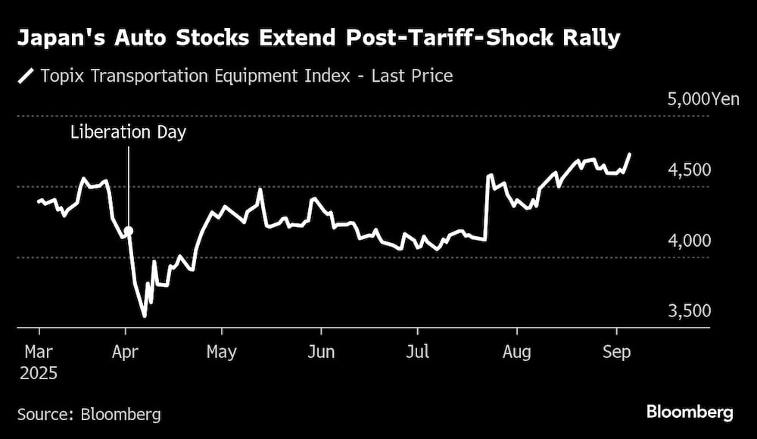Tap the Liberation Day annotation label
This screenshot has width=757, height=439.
tap(128, 132)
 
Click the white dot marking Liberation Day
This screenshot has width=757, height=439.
tap(129, 231)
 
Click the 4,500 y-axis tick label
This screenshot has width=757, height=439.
tap(690, 170)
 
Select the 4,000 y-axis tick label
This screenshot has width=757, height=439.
tap(690, 241)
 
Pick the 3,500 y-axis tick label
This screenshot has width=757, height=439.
tap(690, 311)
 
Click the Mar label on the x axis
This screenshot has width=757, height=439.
tap(39, 352)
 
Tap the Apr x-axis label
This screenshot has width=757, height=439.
tap(127, 352)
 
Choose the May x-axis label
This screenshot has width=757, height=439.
tap(222, 352)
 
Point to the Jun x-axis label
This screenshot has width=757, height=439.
tap(322, 352)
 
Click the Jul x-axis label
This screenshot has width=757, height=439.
tap(418, 352)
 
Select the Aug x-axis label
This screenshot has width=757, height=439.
tap(517, 352)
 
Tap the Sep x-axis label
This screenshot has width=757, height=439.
tap(616, 352)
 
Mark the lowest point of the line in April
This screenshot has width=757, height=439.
tap(144, 316)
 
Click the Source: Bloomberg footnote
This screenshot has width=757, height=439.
tap(89, 414)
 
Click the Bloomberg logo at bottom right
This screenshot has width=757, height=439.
tap(689, 413)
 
